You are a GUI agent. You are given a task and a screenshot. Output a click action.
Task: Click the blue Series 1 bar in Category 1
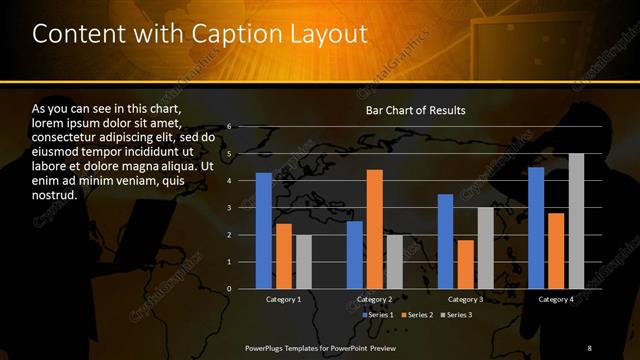[x=264, y=231]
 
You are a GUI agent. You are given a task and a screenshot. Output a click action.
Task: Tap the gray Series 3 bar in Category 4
[x=576, y=221]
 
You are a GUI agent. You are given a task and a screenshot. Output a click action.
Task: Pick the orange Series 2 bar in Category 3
[x=465, y=264]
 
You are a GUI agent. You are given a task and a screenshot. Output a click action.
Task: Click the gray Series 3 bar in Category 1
[x=304, y=262]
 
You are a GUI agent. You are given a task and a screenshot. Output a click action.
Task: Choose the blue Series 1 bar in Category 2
[x=354, y=255]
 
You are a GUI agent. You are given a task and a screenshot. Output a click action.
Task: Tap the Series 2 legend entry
[x=418, y=315]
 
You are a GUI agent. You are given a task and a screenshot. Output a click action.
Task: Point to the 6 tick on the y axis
[x=229, y=127]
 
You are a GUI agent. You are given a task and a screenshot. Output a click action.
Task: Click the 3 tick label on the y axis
[x=229, y=208]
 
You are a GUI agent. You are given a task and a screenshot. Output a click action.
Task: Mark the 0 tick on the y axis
[x=229, y=289]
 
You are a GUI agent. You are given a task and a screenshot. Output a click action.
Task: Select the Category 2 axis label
[x=374, y=299]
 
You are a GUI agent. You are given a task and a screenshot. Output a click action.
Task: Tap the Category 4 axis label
[x=556, y=299]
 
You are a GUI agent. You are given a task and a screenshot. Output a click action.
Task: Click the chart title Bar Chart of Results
[x=414, y=110]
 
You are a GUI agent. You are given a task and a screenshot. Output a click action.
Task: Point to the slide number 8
[x=589, y=346]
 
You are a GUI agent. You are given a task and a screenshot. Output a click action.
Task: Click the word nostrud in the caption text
[x=56, y=195]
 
